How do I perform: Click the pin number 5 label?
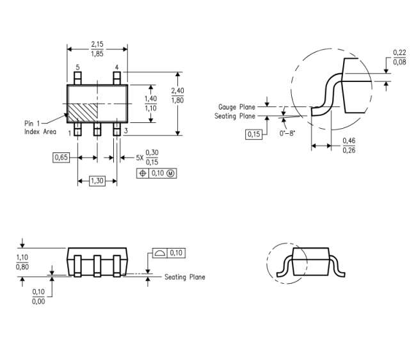pyautogui.click(x=77, y=67)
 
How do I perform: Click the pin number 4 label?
pyautogui.click(x=116, y=67)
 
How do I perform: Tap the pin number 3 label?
pyautogui.click(x=125, y=131)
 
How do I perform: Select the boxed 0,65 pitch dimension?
pyautogui.click(x=61, y=158)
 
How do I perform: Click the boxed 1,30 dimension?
pyautogui.click(x=97, y=181)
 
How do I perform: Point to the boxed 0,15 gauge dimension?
pyautogui.click(x=253, y=135)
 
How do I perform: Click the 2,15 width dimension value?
pyautogui.click(x=97, y=44)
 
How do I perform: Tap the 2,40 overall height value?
pyautogui.click(x=177, y=91)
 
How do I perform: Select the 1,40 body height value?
pyautogui.click(x=150, y=99)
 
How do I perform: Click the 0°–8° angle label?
pyautogui.click(x=287, y=133)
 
